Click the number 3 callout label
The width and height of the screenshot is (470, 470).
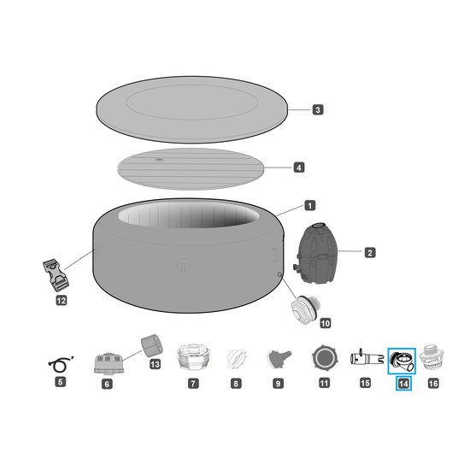click(x=317, y=109)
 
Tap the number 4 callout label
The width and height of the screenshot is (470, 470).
click(x=298, y=167)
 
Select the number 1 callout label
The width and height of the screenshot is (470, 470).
click(x=308, y=205)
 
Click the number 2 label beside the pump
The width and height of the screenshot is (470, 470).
click(x=369, y=252)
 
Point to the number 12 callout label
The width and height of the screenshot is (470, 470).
click(x=61, y=300)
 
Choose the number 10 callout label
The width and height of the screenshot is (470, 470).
click(x=324, y=323)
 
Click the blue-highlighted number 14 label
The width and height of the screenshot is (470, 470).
click(x=402, y=384)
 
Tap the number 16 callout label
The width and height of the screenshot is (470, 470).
click(x=432, y=384)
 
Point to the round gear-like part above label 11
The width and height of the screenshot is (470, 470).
click(x=324, y=357)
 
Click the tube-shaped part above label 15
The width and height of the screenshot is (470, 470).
click(x=364, y=358)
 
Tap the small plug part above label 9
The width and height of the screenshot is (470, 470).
click(x=278, y=358)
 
